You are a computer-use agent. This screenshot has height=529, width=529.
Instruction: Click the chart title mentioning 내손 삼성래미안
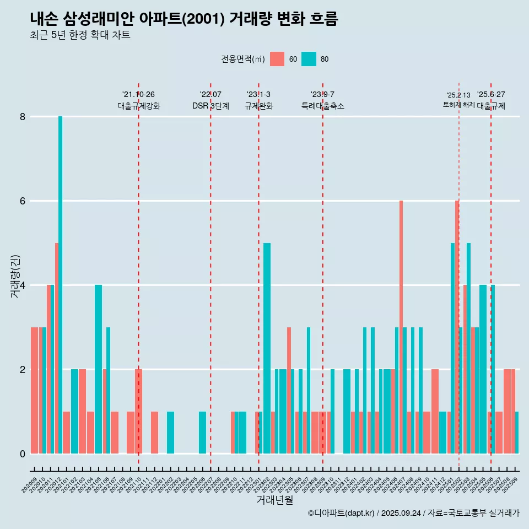click(x=184, y=19)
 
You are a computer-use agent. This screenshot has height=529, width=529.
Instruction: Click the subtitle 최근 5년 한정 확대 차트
click(x=80, y=35)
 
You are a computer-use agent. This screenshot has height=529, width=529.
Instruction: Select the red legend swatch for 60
click(x=277, y=59)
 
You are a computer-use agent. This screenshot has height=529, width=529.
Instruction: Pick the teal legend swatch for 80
click(x=309, y=59)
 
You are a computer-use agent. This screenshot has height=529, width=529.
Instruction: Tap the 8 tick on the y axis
click(x=23, y=117)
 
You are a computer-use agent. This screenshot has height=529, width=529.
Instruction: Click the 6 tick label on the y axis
click(x=23, y=201)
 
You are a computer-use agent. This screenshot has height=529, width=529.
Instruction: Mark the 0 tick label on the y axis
click(x=23, y=454)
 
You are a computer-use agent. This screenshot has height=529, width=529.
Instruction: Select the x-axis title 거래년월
click(x=274, y=500)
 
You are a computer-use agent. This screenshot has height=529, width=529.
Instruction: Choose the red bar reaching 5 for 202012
click(x=56, y=348)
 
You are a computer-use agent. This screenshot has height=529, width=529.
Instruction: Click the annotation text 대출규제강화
click(x=139, y=106)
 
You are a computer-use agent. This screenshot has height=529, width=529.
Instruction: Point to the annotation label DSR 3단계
click(x=210, y=106)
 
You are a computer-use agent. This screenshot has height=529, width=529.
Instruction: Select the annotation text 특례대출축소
click(x=323, y=106)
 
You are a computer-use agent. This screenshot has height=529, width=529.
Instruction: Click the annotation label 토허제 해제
click(x=458, y=105)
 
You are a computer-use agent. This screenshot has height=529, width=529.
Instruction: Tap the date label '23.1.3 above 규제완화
click(x=258, y=95)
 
